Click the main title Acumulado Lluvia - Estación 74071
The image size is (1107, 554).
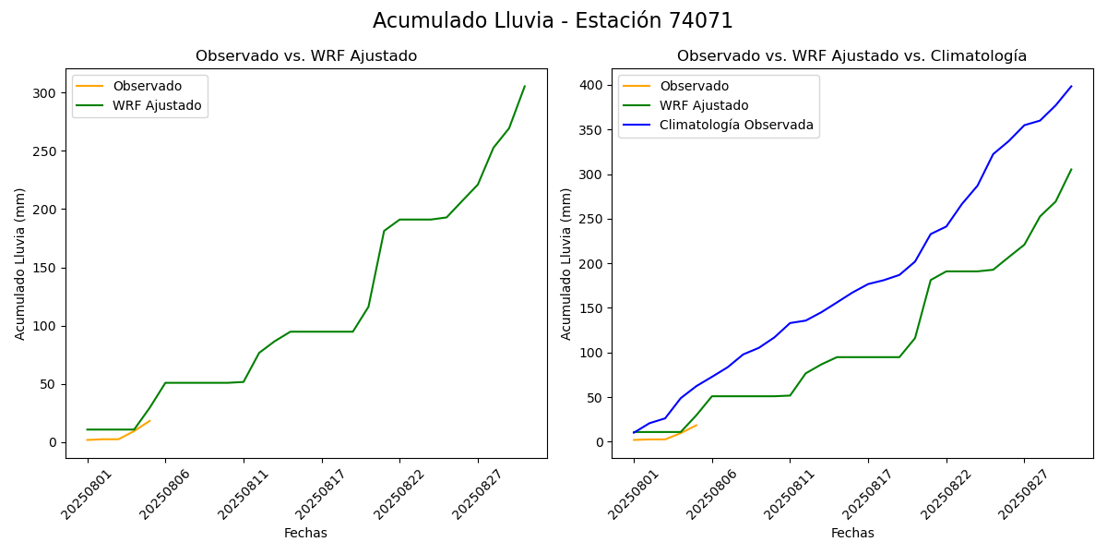coord(553,21)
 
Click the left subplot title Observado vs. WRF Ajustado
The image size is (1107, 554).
coord(306,56)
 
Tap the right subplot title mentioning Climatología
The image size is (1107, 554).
coord(851,56)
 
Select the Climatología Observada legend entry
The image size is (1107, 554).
coord(736,126)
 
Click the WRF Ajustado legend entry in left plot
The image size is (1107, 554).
coord(157,106)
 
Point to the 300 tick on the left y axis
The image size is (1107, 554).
coord(43,93)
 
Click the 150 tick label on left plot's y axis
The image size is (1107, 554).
coord(43,268)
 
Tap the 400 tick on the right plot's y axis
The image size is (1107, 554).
coord(590,86)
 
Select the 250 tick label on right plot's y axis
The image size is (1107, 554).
coord(590,220)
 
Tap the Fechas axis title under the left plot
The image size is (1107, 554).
coord(305,533)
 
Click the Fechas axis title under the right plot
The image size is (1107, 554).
coord(852,533)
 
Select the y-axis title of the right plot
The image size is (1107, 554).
coord(567,263)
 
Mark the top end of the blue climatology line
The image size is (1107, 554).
coord(1071,86)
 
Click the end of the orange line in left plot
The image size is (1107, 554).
coord(150,421)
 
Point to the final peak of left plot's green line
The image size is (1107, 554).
coord(525,86)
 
